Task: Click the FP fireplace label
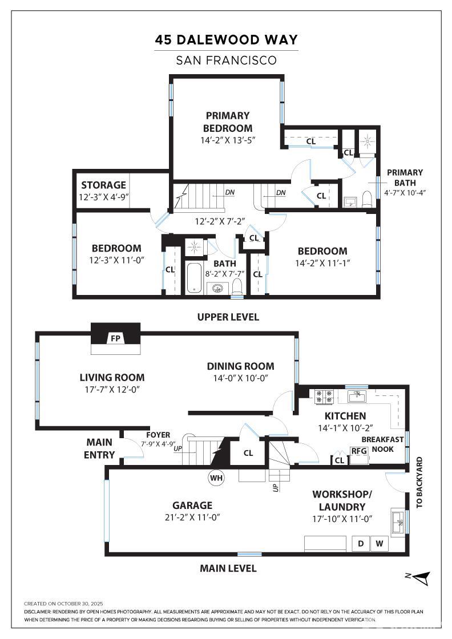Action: point(115,339)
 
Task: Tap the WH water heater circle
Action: point(216,477)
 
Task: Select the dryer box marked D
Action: point(361,544)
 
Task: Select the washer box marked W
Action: point(380,544)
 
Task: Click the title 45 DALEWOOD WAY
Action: point(227,40)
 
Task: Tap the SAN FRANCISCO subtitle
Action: point(227,60)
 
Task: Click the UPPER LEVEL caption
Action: point(228,317)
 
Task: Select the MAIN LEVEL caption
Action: point(228,568)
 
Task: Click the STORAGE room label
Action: point(103,185)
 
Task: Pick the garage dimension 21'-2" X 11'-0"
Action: point(192,517)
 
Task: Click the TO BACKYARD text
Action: point(419,482)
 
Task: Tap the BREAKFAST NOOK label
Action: point(383,444)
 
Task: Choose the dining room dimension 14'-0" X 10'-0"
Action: point(240,378)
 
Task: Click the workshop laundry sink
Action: point(398,520)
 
